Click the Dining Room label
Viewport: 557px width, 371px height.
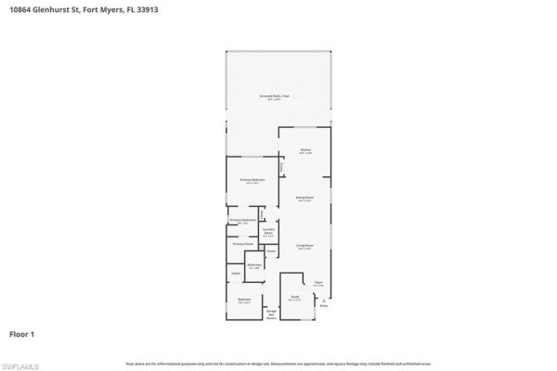click(x=304, y=198)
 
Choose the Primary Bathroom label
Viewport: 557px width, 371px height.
click(x=243, y=221)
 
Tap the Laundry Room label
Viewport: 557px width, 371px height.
click(x=267, y=233)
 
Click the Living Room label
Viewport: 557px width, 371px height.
click(x=304, y=246)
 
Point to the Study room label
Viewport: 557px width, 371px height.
click(x=294, y=299)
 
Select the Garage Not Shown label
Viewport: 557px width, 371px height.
click(x=272, y=313)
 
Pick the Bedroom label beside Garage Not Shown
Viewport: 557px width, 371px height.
click(x=244, y=300)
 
